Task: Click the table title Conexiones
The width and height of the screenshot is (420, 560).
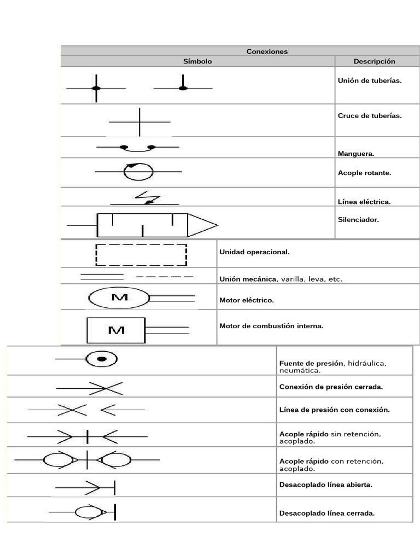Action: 267,51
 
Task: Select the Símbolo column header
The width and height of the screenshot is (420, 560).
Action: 197,61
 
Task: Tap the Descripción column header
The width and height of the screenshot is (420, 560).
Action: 374,61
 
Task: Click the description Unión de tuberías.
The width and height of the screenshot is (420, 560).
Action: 370,80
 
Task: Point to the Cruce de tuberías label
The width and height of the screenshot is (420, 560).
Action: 370,116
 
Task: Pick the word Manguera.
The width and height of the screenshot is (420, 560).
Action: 356,154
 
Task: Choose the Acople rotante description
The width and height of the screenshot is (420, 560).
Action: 364,173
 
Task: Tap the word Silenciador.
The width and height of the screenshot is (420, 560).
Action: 358,220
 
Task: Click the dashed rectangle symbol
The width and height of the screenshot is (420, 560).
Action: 141,255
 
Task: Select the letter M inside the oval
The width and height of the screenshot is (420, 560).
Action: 119,297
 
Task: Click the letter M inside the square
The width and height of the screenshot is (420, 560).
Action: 116,330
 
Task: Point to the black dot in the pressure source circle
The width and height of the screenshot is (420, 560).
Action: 101,359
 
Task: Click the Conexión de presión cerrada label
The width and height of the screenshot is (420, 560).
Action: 331,387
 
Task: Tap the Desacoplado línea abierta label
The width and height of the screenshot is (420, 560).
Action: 325,485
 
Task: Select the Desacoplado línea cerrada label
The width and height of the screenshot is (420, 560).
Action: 326,513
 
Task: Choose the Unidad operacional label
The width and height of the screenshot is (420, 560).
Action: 254,252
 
